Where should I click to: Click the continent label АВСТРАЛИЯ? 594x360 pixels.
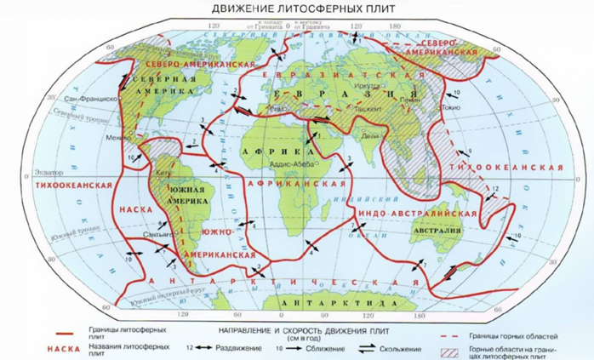(x=434, y=230)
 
